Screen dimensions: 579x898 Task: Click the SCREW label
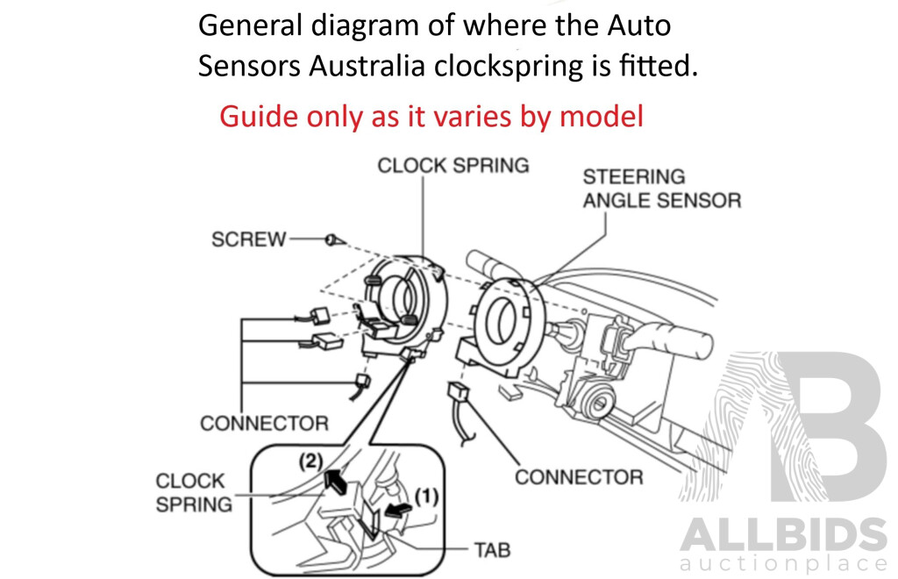pyautogui.click(x=248, y=239)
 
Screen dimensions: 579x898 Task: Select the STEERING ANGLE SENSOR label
pyautogui.click(x=661, y=189)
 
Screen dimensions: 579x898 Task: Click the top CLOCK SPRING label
pyautogui.click(x=453, y=165)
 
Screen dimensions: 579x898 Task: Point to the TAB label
pyautogui.click(x=492, y=550)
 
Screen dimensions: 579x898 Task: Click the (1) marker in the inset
pyautogui.click(x=426, y=496)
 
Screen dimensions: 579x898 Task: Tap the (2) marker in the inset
pyautogui.click(x=312, y=459)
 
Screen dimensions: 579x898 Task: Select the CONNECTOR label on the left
pyautogui.click(x=264, y=424)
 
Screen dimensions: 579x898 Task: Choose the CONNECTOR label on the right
pyautogui.click(x=578, y=477)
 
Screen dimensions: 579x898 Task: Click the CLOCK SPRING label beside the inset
pyautogui.click(x=190, y=492)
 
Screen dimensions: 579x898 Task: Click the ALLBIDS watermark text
pyautogui.click(x=783, y=534)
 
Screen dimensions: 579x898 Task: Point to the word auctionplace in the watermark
pyautogui.click(x=783, y=564)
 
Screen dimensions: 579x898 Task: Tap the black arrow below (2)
pyautogui.click(x=334, y=479)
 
